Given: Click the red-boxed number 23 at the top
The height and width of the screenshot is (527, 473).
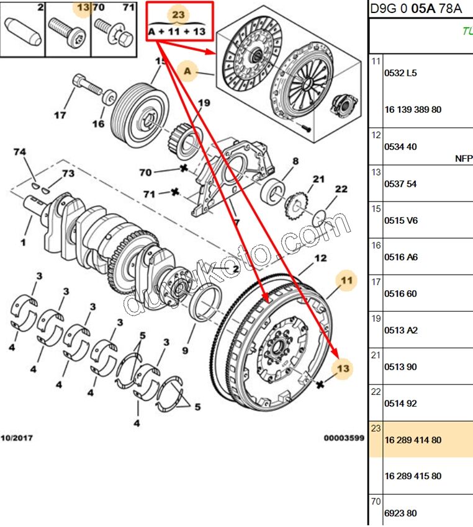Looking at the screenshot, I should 179,14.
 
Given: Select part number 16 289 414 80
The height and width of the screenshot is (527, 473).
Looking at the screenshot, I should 413,440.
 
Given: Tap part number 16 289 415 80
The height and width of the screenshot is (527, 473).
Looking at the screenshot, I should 413,477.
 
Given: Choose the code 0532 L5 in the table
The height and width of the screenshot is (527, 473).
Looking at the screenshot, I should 401,73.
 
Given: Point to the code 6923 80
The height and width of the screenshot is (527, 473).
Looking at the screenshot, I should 400,513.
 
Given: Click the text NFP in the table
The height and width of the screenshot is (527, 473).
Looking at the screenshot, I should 463,159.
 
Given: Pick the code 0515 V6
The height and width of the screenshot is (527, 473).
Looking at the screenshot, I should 401,221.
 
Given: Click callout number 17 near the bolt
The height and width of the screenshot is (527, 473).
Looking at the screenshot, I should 60,115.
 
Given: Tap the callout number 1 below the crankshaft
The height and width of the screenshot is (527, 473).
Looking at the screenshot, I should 24,241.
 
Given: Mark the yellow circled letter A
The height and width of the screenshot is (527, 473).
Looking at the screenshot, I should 187,72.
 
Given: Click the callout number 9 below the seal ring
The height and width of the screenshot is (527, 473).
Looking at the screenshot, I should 184,352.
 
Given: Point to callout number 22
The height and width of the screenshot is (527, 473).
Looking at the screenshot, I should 341,189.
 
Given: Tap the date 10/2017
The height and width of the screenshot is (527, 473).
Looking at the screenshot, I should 17,438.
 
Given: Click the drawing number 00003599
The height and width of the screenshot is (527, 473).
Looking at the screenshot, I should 343,438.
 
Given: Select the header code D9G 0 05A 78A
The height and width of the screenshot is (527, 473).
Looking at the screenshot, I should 416,9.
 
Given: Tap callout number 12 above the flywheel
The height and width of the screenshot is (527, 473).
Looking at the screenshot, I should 320,259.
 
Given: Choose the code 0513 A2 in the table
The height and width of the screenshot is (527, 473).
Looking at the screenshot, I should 401,330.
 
